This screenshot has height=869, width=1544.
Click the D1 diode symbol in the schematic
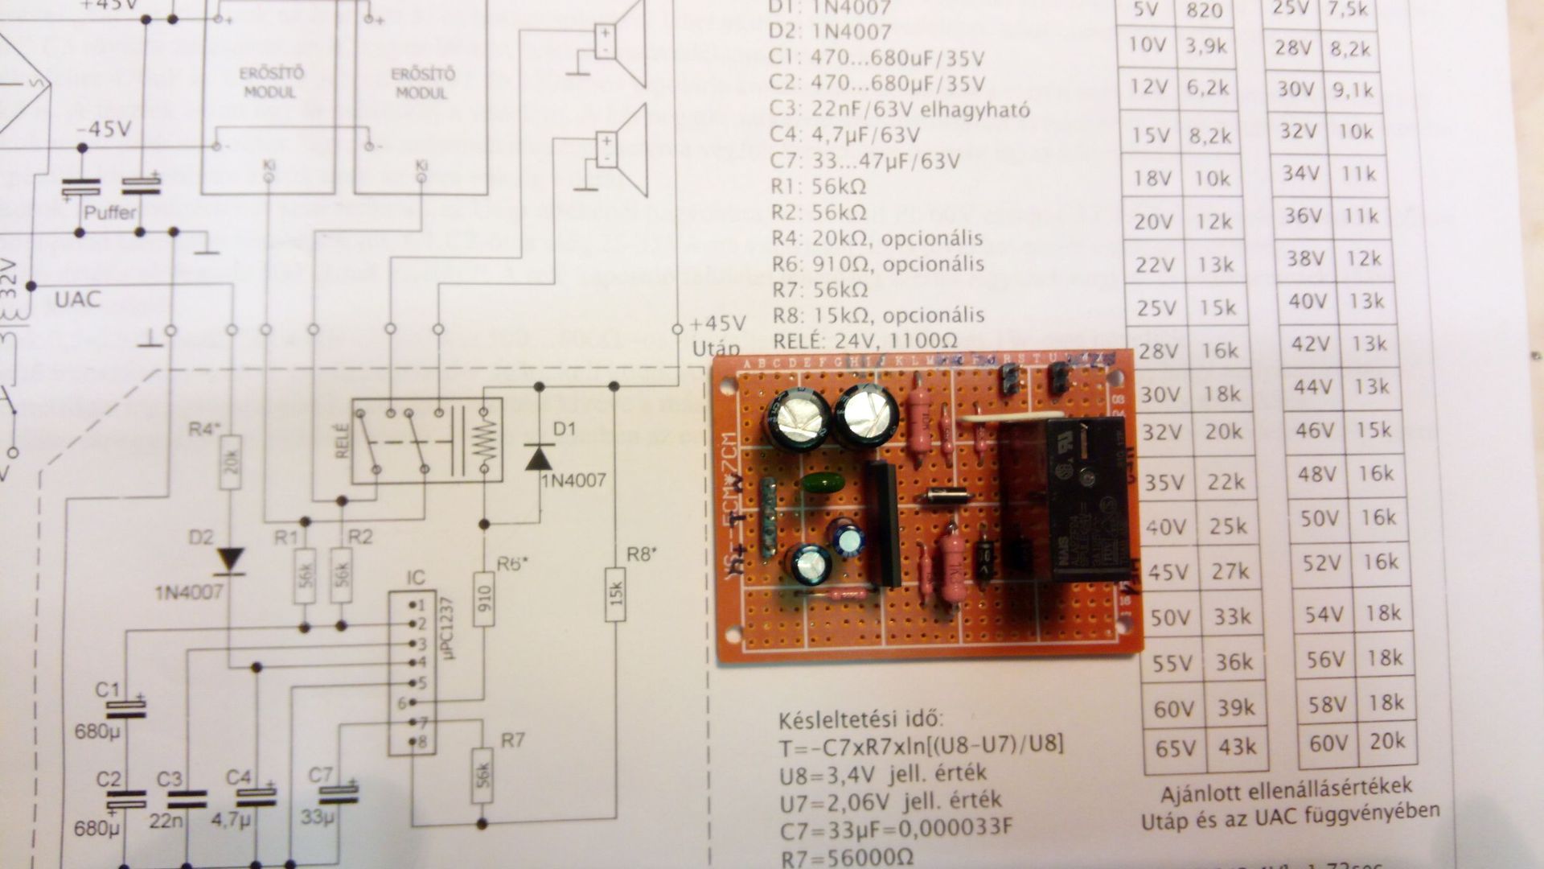click(539, 456)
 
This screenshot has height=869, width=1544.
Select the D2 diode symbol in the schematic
click(232, 560)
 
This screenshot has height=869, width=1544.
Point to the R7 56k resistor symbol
click(482, 775)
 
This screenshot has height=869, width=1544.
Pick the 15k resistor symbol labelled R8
click(614, 594)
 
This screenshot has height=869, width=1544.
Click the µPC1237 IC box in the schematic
click(413, 673)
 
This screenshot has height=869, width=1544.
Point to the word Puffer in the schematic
click(110, 213)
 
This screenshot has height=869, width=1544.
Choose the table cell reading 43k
click(1236, 747)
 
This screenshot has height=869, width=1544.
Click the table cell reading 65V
click(1175, 749)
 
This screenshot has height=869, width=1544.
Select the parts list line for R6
click(877, 264)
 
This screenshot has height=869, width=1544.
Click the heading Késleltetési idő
click(860, 719)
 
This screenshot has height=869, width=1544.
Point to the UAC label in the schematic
click(78, 300)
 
